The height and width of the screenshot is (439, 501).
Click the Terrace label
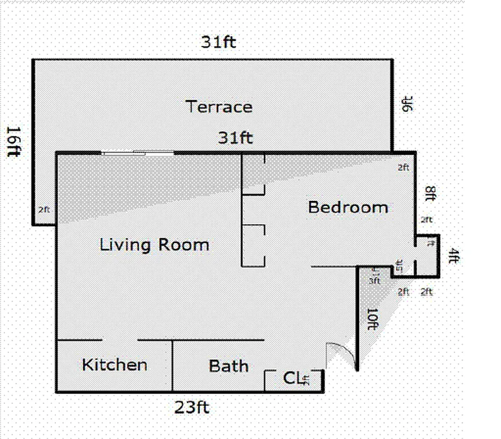[x=219, y=106]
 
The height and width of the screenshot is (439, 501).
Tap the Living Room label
[x=154, y=245]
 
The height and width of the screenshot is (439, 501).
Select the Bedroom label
[x=348, y=207]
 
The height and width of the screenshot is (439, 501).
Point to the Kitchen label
[x=115, y=365]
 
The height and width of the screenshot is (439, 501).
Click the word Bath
[x=229, y=366]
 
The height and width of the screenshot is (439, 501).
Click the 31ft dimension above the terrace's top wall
[x=218, y=42]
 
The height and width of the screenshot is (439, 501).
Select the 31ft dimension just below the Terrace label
[x=236, y=138]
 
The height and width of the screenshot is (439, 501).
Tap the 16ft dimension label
[x=14, y=141]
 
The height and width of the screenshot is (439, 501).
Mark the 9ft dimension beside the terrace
[x=407, y=104]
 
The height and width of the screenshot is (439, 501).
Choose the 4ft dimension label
[x=453, y=256]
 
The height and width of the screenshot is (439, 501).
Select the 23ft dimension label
[x=192, y=408]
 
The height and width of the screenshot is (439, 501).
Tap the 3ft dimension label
[x=374, y=281]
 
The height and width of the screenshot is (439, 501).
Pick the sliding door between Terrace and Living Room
[x=138, y=153]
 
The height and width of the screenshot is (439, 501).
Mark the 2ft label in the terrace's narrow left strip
[x=44, y=209]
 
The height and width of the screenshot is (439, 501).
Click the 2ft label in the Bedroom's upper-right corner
[x=403, y=167]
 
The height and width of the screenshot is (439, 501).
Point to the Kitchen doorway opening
[x=119, y=340]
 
